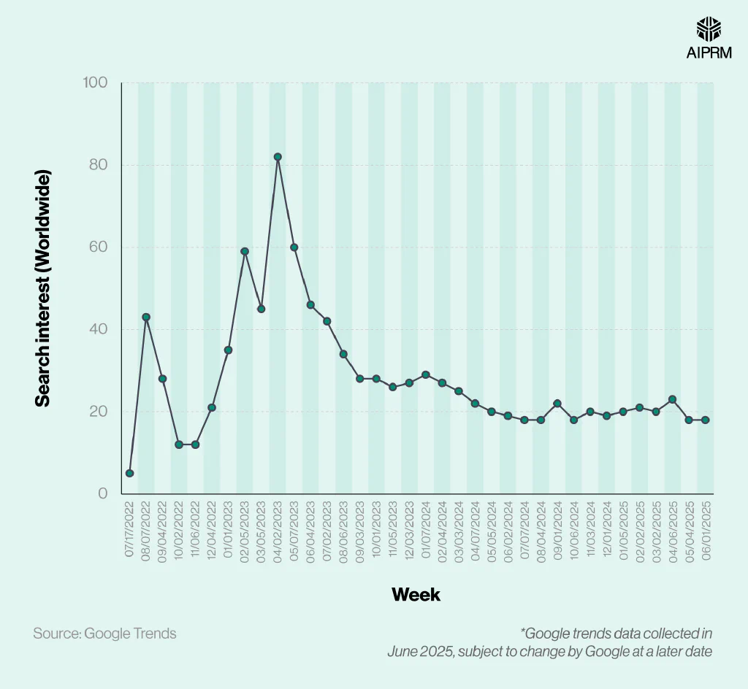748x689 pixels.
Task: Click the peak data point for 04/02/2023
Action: [278, 157]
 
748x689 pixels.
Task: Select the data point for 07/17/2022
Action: [129, 473]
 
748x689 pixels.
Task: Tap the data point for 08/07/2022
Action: [146, 317]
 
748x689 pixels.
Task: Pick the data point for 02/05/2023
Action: [245, 251]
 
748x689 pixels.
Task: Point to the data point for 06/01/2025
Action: [706, 420]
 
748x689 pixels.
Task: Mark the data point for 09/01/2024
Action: [557, 403]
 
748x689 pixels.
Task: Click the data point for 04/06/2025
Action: [673, 399]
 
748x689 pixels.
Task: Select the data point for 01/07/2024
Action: [426, 374]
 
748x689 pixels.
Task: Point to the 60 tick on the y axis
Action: [98, 247]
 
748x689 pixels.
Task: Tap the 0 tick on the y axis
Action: [102, 493]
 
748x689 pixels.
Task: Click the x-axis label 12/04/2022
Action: [212, 529]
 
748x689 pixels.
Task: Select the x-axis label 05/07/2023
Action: [294, 529]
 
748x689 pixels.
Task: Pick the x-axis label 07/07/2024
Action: [524, 529]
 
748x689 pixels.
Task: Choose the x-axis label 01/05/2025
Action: [623, 529]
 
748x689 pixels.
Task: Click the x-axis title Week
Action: [416, 595]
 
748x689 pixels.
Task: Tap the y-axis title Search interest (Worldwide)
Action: [44, 288]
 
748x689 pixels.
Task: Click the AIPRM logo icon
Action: [709, 29]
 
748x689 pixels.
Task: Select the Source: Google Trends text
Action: [104, 634]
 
